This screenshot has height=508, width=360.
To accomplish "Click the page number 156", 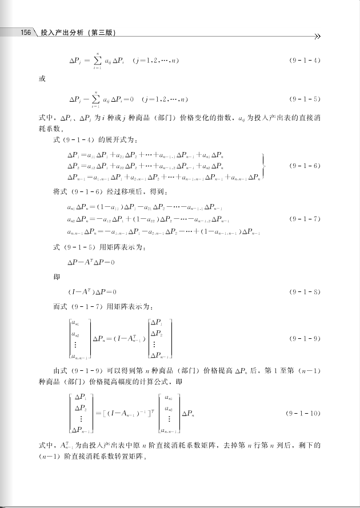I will point(25,33).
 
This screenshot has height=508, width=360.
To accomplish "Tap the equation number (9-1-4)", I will point(306,60).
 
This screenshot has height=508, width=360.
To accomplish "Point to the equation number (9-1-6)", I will point(306,166).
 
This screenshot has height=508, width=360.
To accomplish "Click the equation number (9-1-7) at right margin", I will point(306,219).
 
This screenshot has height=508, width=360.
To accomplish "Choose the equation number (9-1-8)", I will point(306,291).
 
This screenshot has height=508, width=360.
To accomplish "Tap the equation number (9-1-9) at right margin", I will point(306,339).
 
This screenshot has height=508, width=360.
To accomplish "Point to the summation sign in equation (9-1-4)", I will point(98,60).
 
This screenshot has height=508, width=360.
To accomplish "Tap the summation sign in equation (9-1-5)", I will point(98,99).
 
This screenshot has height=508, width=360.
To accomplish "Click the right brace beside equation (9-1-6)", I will point(262,166).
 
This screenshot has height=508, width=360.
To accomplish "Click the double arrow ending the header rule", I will point(318,37).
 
